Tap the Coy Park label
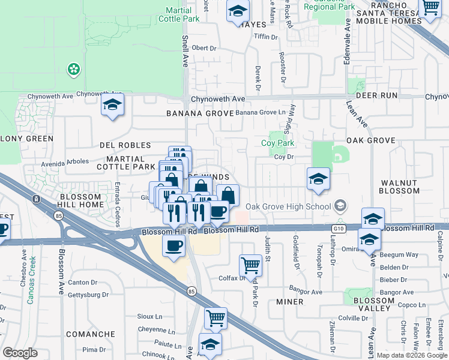[x=277, y=143]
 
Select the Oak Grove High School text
[x=288, y=207]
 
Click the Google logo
[x=20, y=353]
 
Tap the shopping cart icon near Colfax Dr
[x=250, y=265]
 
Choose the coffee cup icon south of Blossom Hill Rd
[x=174, y=245]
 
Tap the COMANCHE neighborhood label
[x=90, y=334]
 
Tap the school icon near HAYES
[x=238, y=11]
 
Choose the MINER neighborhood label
[x=290, y=301]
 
